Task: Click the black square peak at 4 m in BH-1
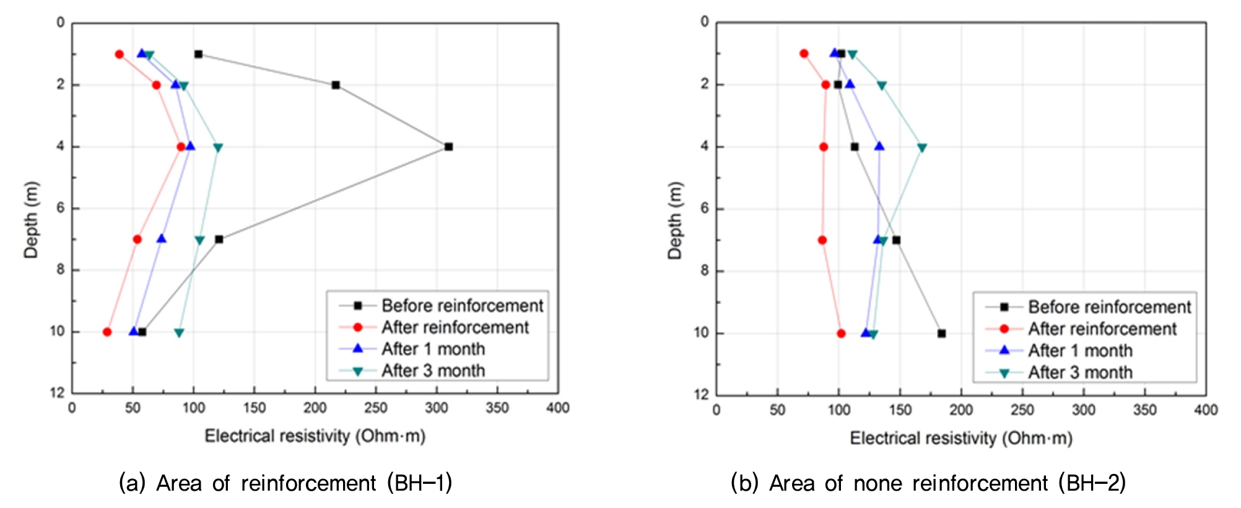448,147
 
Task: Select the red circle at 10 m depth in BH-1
107,332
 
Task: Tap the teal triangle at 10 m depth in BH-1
179,333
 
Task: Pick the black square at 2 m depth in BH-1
336,85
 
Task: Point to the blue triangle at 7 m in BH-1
162,239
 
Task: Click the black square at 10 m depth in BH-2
941,333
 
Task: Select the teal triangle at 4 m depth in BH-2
922,147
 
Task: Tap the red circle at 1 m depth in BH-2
804,53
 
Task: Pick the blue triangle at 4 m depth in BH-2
879,146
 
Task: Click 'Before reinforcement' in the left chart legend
462,305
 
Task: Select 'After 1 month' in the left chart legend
433,349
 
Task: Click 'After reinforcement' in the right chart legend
1102,329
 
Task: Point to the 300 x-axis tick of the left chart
437,408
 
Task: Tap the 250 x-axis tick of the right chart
1022,409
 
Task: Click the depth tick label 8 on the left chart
61,270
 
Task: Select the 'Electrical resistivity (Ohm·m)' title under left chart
315,436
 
